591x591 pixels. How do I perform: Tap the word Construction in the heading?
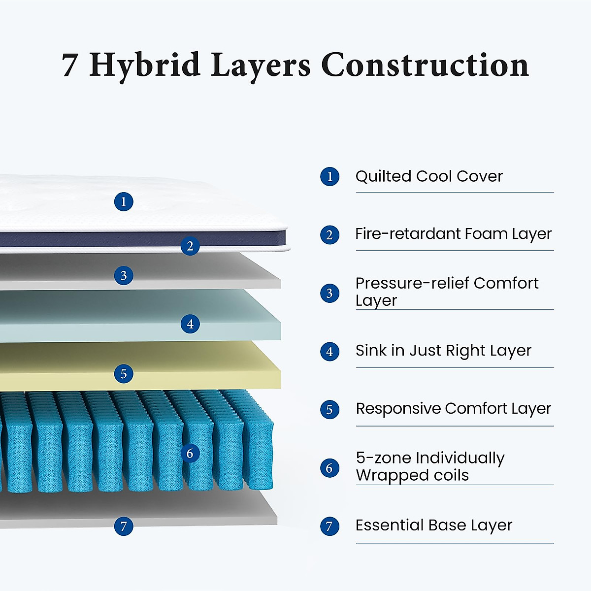[x=425, y=66]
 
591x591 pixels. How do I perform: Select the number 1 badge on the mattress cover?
[x=124, y=201]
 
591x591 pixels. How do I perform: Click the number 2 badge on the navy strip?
[x=190, y=246]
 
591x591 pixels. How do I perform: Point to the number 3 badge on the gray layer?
[x=124, y=275]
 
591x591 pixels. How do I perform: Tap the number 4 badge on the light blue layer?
[x=190, y=324]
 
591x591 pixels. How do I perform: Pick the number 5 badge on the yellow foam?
[x=124, y=373]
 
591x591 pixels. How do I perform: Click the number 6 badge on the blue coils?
[x=190, y=453]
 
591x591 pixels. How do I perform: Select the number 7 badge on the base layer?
[x=124, y=526]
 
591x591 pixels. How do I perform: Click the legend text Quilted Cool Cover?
[x=429, y=176]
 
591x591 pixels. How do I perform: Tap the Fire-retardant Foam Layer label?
[x=453, y=234]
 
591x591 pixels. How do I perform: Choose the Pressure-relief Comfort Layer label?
[x=447, y=292]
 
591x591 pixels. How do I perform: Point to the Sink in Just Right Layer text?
[x=443, y=351]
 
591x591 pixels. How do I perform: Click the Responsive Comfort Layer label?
[x=453, y=409]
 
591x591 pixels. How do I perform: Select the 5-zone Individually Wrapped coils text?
[x=430, y=466]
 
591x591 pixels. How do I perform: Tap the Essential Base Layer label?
[x=433, y=525]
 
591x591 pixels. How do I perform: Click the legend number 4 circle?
[x=329, y=352]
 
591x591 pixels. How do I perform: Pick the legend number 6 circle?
[x=329, y=468]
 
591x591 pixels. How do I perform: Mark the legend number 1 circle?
[x=329, y=177]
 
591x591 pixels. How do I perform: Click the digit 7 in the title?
[x=69, y=66]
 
